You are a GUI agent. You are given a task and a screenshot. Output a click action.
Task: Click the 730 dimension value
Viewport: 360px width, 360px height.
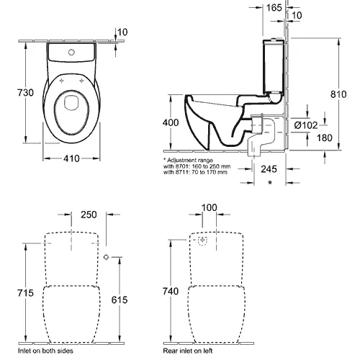[25, 93]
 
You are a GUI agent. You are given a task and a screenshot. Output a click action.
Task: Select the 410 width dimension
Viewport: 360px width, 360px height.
[71, 158]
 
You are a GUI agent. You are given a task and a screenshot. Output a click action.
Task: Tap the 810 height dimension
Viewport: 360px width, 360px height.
[338, 94]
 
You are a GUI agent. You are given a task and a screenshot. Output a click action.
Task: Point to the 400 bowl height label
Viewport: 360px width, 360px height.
[171, 122]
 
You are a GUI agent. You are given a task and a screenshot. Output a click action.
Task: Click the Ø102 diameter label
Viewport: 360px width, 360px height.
[306, 125]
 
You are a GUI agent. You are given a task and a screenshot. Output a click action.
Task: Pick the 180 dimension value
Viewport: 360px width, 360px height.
[325, 138]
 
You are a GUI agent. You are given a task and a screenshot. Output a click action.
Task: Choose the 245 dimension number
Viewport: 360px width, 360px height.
[269, 169]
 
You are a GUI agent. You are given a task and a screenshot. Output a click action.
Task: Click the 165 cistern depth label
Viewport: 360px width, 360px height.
[274, 8]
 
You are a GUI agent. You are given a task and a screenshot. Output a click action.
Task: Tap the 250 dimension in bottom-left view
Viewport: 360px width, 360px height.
[89, 215]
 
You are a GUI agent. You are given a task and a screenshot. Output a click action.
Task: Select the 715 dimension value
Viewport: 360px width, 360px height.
[25, 293]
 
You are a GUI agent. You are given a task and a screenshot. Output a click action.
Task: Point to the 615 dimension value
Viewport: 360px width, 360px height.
[120, 300]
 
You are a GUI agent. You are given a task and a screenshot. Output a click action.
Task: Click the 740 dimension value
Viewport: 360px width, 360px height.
[171, 292]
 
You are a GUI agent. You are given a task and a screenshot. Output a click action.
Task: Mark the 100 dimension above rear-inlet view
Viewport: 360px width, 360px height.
[210, 207]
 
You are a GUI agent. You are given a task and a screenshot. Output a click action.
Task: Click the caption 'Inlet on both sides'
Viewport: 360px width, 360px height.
[45, 351]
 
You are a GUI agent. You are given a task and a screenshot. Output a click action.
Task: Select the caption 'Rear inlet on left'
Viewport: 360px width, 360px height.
[188, 351]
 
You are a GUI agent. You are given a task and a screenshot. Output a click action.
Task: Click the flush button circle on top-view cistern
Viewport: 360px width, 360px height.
[71, 52]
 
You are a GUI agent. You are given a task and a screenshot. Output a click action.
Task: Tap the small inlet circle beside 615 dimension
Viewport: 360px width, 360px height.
[106, 257]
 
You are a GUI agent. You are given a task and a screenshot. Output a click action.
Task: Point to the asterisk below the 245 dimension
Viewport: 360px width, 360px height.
[270, 182]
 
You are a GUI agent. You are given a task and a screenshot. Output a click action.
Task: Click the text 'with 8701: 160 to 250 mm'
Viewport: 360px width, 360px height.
[197, 166]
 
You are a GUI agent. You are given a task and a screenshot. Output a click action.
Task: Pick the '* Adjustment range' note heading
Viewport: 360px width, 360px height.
[188, 160]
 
